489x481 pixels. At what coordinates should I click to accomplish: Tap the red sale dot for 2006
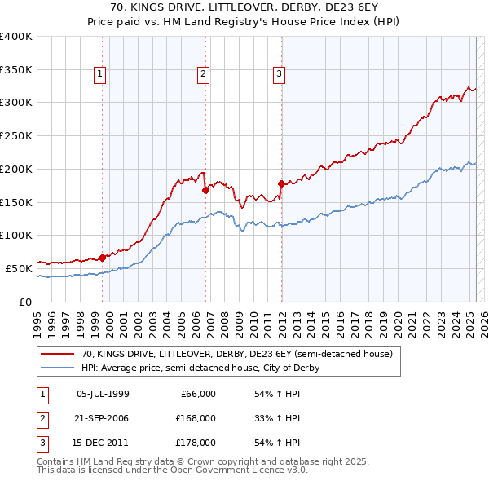click(x=205, y=190)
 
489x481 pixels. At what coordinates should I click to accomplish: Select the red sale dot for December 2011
click(x=281, y=183)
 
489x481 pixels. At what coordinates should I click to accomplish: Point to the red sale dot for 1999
click(x=102, y=258)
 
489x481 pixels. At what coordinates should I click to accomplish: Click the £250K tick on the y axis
click(x=16, y=135)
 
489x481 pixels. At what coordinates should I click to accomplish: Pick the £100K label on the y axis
click(x=16, y=235)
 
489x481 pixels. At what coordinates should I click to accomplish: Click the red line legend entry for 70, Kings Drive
click(x=237, y=354)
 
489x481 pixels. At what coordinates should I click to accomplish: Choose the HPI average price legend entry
click(x=200, y=368)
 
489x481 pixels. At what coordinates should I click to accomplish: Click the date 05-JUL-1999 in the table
click(x=103, y=394)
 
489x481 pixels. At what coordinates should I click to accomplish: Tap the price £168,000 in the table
click(x=196, y=418)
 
